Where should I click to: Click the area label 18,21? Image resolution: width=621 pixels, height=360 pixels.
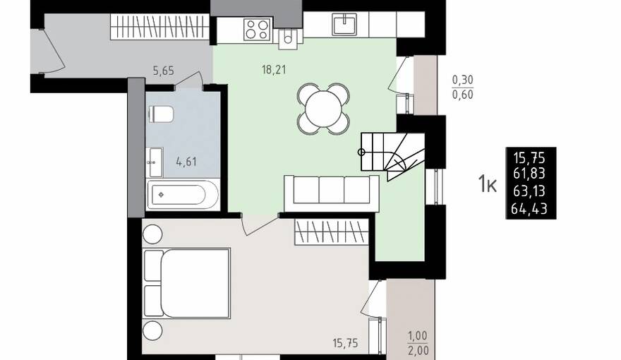point(274,70)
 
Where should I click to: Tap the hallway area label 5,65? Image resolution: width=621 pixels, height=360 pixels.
point(164,71)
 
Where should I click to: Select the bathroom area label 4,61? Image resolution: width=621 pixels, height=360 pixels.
point(186,162)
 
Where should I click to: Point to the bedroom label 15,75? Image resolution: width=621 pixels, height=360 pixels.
point(345,343)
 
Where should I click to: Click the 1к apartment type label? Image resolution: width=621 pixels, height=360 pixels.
point(487,184)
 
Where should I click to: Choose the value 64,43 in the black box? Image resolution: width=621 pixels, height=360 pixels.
point(529,208)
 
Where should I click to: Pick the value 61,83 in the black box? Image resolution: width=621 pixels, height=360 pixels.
point(529,174)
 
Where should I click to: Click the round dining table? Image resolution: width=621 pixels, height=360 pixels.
point(324,109)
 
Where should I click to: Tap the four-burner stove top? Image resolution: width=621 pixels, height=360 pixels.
point(257,30)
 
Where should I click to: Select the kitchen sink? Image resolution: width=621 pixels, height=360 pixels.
point(344,24)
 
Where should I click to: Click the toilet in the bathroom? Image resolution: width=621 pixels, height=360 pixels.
point(161,114)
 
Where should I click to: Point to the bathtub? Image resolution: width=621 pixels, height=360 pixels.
point(183,195)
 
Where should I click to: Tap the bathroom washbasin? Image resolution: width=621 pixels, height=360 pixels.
point(155,162)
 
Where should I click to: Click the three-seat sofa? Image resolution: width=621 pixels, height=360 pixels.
point(332,193)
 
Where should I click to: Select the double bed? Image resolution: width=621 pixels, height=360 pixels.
point(187,283)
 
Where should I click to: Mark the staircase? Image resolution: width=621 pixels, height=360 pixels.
point(392,155)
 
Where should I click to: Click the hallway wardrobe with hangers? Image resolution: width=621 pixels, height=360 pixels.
point(159,27)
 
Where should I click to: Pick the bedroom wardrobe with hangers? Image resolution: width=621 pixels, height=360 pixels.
point(332,232)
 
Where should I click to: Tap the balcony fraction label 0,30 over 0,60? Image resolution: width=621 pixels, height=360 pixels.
point(463,88)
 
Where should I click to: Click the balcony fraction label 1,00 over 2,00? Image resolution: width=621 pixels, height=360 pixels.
point(418,343)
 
